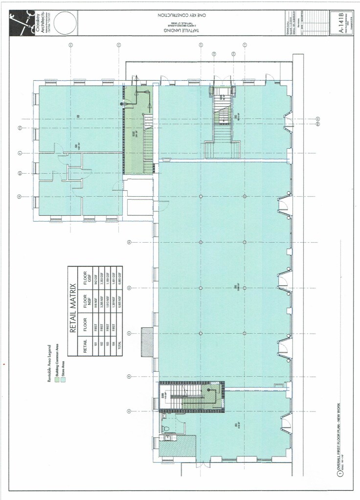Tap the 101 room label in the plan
[x=235, y=425]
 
